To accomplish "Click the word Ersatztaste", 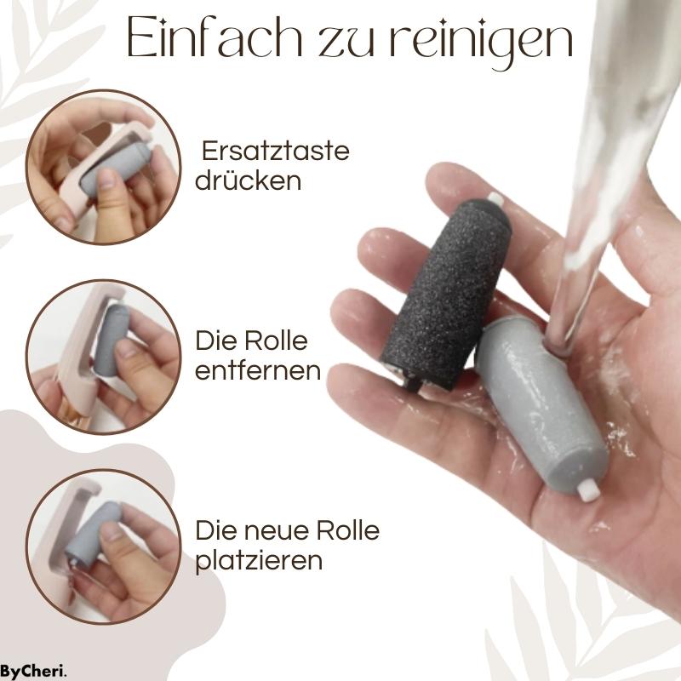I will coord(275,152).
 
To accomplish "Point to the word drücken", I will coord(249,181).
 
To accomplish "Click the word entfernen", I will coord(259,371).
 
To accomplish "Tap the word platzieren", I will coord(257,561).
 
